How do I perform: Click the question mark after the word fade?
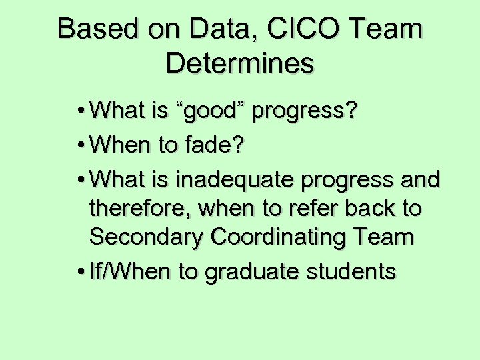pyautogui.click(x=237, y=145)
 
